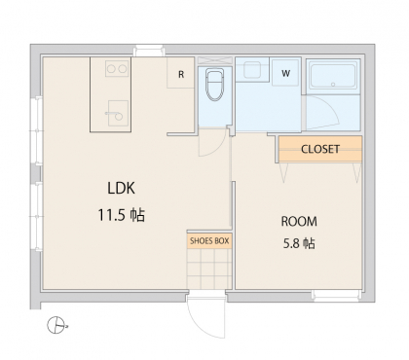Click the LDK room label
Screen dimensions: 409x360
click(x=121, y=188)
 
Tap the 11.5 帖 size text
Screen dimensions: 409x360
click(x=122, y=215)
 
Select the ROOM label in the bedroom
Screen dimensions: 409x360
click(x=299, y=222)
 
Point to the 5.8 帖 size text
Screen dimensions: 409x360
click(x=299, y=243)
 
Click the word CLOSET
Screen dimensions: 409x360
click(x=320, y=149)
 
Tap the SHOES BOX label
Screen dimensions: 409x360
click(x=209, y=241)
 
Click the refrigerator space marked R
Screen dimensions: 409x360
click(x=181, y=73)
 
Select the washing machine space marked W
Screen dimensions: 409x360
click(x=285, y=72)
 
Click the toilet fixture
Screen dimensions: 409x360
click(x=214, y=85)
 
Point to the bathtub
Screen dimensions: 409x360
click(x=333, y=76)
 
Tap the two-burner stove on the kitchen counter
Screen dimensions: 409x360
click(x=117, y=68)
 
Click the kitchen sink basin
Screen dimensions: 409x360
click(x=118, y=113)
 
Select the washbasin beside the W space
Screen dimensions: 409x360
click(x=252, y=70)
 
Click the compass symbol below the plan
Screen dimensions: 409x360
click(x=56, y=325)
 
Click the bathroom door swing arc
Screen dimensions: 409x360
click(x=330, y=110)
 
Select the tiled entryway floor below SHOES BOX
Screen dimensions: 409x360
click(x=209, y=269)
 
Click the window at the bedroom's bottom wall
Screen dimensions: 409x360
click(x=336, y=295)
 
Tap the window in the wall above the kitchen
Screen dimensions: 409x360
click(x=149, y=51)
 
